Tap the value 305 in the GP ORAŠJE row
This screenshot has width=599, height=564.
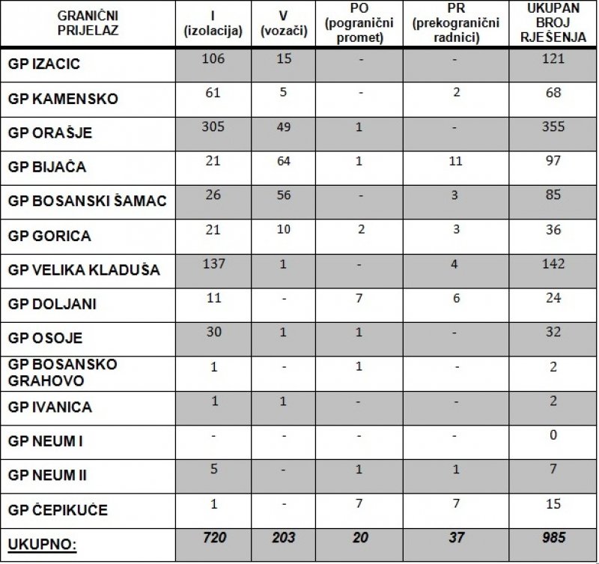click(x=214, y=127)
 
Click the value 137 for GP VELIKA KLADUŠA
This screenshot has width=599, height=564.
click(x=214, y=264)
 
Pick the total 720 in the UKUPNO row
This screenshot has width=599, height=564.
click(x=214, y=537)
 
